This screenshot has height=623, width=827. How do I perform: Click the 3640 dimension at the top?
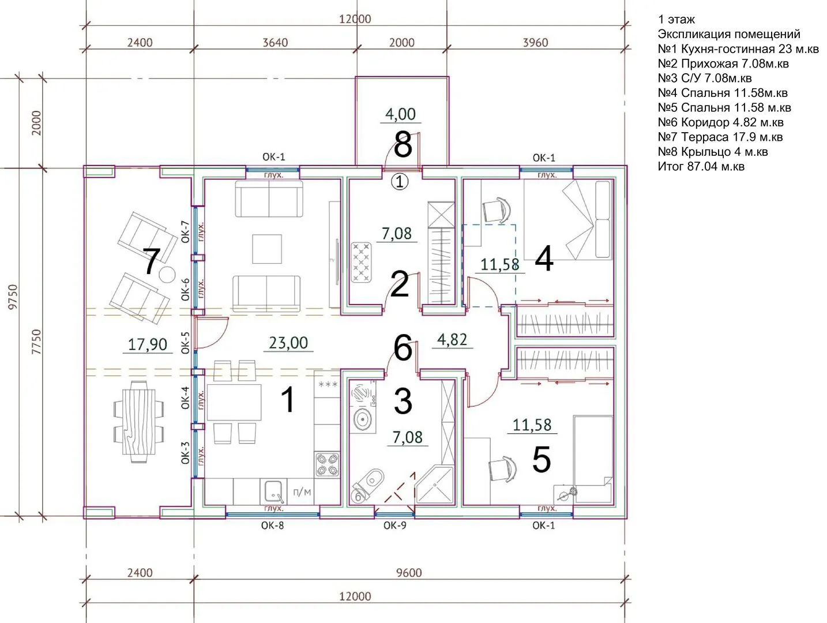(275, 43)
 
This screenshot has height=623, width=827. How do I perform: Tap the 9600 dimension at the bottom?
(409, 573)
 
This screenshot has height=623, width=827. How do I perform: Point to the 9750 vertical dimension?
(13, 297)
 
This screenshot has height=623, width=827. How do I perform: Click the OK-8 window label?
(272, 526)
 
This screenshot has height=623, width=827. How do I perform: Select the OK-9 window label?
(395, 526)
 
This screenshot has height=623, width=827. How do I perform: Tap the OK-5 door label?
(185, 343)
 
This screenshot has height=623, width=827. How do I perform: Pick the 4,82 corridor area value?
(452, 340)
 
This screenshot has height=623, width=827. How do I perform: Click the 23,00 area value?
(288, 343)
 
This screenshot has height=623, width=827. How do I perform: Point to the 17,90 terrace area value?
(147, 344)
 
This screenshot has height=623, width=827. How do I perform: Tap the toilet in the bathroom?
(367, 485)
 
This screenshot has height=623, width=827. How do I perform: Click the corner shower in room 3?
(435, 485)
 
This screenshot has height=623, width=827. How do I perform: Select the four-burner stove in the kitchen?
(327, 464)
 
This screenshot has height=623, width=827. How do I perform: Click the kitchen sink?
(273, 491)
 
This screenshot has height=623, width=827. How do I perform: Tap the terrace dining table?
(138, 422)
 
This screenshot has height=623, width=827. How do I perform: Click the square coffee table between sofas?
(267, 249)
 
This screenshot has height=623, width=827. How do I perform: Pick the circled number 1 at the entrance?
(400, 182)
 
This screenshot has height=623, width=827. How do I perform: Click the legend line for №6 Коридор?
(720, 122)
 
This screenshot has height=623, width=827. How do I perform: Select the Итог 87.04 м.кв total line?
(701, 166)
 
